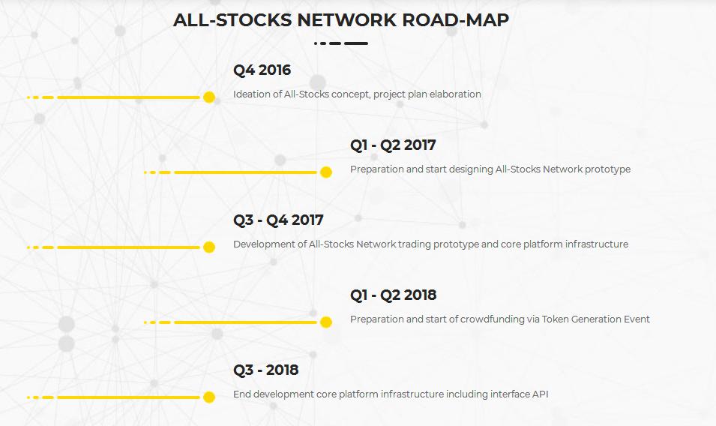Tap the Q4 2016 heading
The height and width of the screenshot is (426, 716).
pyautogui.click(x=262, y=70)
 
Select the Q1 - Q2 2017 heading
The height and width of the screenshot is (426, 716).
pyautogui.click(x=393, y=145)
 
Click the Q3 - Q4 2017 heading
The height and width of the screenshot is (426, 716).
pyautogui.click(x=279, y=220)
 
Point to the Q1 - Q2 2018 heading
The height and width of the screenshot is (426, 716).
pyautogui.click(x=394, y=295)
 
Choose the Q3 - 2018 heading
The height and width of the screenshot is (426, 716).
pyautogui.click(x=265, y=370)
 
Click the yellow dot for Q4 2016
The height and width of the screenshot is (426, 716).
pyautogui.click(x=209, y=97)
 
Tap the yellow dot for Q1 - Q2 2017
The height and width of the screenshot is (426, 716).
pyautogui.click(x=326, y=172)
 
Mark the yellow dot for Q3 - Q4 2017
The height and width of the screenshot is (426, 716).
pyautogui.click(x=209, y=247)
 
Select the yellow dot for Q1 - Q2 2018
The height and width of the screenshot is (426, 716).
pyautogui.click(x=326, y=322)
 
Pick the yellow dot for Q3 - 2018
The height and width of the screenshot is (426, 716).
pyautogui.click(x=209, y=397)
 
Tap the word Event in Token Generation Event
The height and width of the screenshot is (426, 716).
pyautogui.click(x=637, y=319)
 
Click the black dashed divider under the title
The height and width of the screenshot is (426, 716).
pyautogui.click(x=341, y=43)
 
